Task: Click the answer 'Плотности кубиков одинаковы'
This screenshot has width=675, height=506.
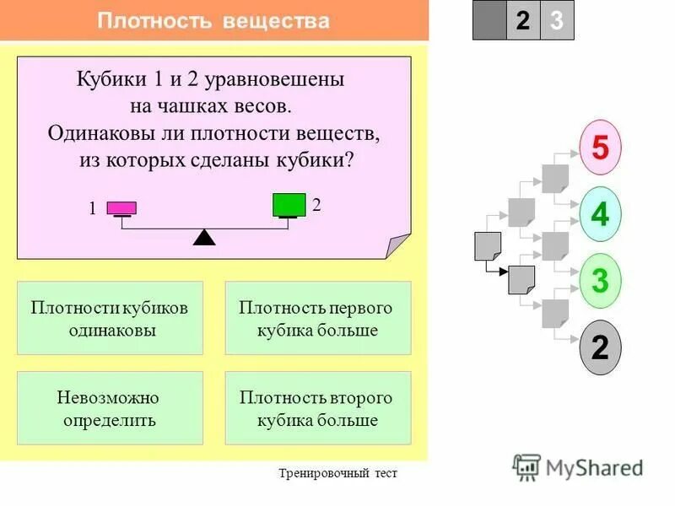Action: pos(110,318)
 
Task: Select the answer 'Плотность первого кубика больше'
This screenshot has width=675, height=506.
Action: pos(317,318)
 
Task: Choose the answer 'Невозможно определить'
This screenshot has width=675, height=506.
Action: pos(110,408)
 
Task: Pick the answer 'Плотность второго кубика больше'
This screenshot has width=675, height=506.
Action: pos(317,408)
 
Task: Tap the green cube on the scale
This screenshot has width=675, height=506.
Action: pos(289,205)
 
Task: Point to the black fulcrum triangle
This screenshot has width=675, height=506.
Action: pos(204,237)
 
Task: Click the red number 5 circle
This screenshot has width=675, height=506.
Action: pos(600,148)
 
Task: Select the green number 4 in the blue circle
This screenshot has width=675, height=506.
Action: pos(600,214)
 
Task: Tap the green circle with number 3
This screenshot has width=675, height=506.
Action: pos(600,280)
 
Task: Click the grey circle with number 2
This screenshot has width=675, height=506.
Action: pos(600,347)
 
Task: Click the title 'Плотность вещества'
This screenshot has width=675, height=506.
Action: pos(213,21)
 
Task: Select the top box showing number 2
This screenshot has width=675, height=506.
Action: pos(523,21)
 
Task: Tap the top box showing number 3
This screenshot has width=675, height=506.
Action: pos(557,21)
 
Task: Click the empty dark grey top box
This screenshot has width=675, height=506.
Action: pos(489,21)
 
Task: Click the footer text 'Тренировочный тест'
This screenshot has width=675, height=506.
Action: pos(337,473)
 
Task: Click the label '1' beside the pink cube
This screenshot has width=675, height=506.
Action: pos(93,211)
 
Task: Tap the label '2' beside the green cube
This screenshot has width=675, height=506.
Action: pos(316,205)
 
